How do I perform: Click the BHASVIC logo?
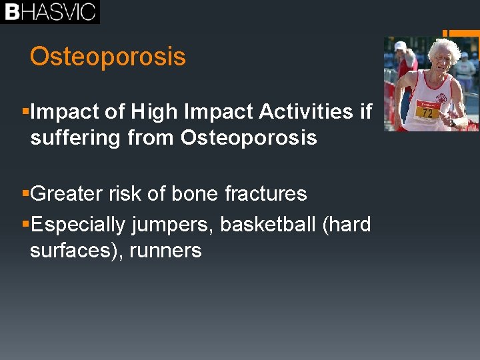click(x=50, y=12)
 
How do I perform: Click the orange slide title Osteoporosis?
click(x=107, y=57)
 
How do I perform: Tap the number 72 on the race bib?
click(x=427, y=113)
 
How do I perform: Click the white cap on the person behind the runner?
click(x=400, y=45)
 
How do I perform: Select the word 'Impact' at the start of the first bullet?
click(x=63, y=112)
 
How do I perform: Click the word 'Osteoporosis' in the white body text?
click(x=249, y=138)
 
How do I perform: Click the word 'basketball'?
click(x=268, y=225)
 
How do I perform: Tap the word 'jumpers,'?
click(x=173, y=225)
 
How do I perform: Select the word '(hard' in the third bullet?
click(x=346, y=225)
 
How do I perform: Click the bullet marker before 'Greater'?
click(x=25, y=194)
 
